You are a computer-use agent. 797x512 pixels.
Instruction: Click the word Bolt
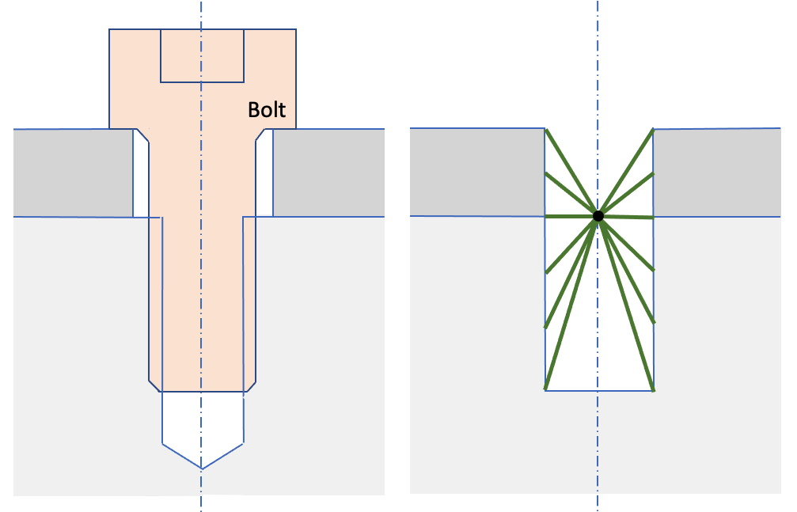267,109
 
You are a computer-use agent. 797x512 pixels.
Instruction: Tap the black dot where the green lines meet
598,215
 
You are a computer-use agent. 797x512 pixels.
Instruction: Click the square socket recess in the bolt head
202,55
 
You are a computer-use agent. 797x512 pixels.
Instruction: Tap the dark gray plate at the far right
716,172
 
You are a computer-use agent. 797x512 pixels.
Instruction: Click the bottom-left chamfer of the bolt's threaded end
154,385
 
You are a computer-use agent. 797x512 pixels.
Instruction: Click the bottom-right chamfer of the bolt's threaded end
249,385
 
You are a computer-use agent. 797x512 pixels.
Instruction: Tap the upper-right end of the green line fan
651,131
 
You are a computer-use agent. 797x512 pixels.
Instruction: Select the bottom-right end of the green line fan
651,389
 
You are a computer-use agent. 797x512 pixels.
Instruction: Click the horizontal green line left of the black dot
570,215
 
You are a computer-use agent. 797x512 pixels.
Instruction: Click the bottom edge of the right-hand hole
598,390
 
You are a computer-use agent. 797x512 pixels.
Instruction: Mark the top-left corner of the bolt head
110,30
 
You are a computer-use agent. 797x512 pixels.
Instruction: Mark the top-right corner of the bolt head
296,30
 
